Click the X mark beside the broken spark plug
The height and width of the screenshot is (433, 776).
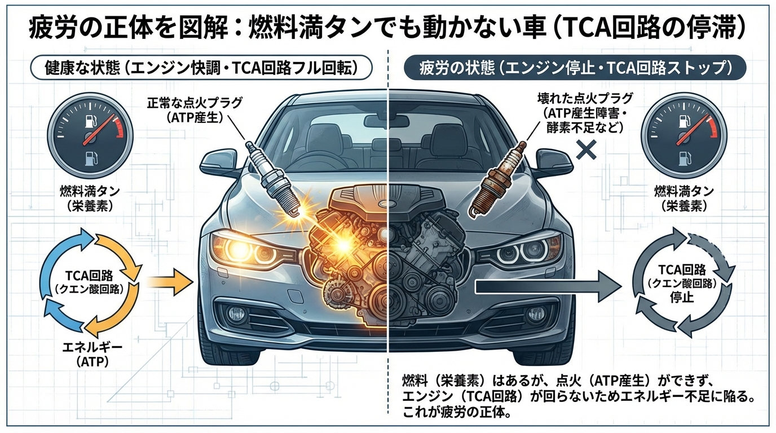587,149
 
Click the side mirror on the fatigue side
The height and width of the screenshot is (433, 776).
555,161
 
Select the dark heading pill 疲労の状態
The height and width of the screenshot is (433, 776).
575,68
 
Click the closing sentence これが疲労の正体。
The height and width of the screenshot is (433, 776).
457,414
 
